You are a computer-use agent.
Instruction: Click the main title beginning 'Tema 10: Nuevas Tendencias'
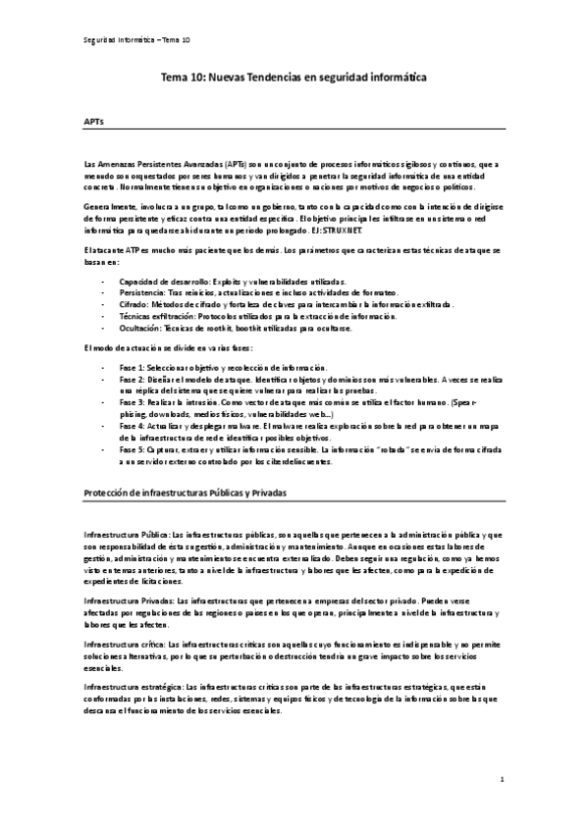coord(294,75)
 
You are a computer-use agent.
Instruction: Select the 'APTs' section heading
coord(95,123)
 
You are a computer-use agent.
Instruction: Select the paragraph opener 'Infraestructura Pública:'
coord(128,533)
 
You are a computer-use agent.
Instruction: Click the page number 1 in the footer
coord(501,780)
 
